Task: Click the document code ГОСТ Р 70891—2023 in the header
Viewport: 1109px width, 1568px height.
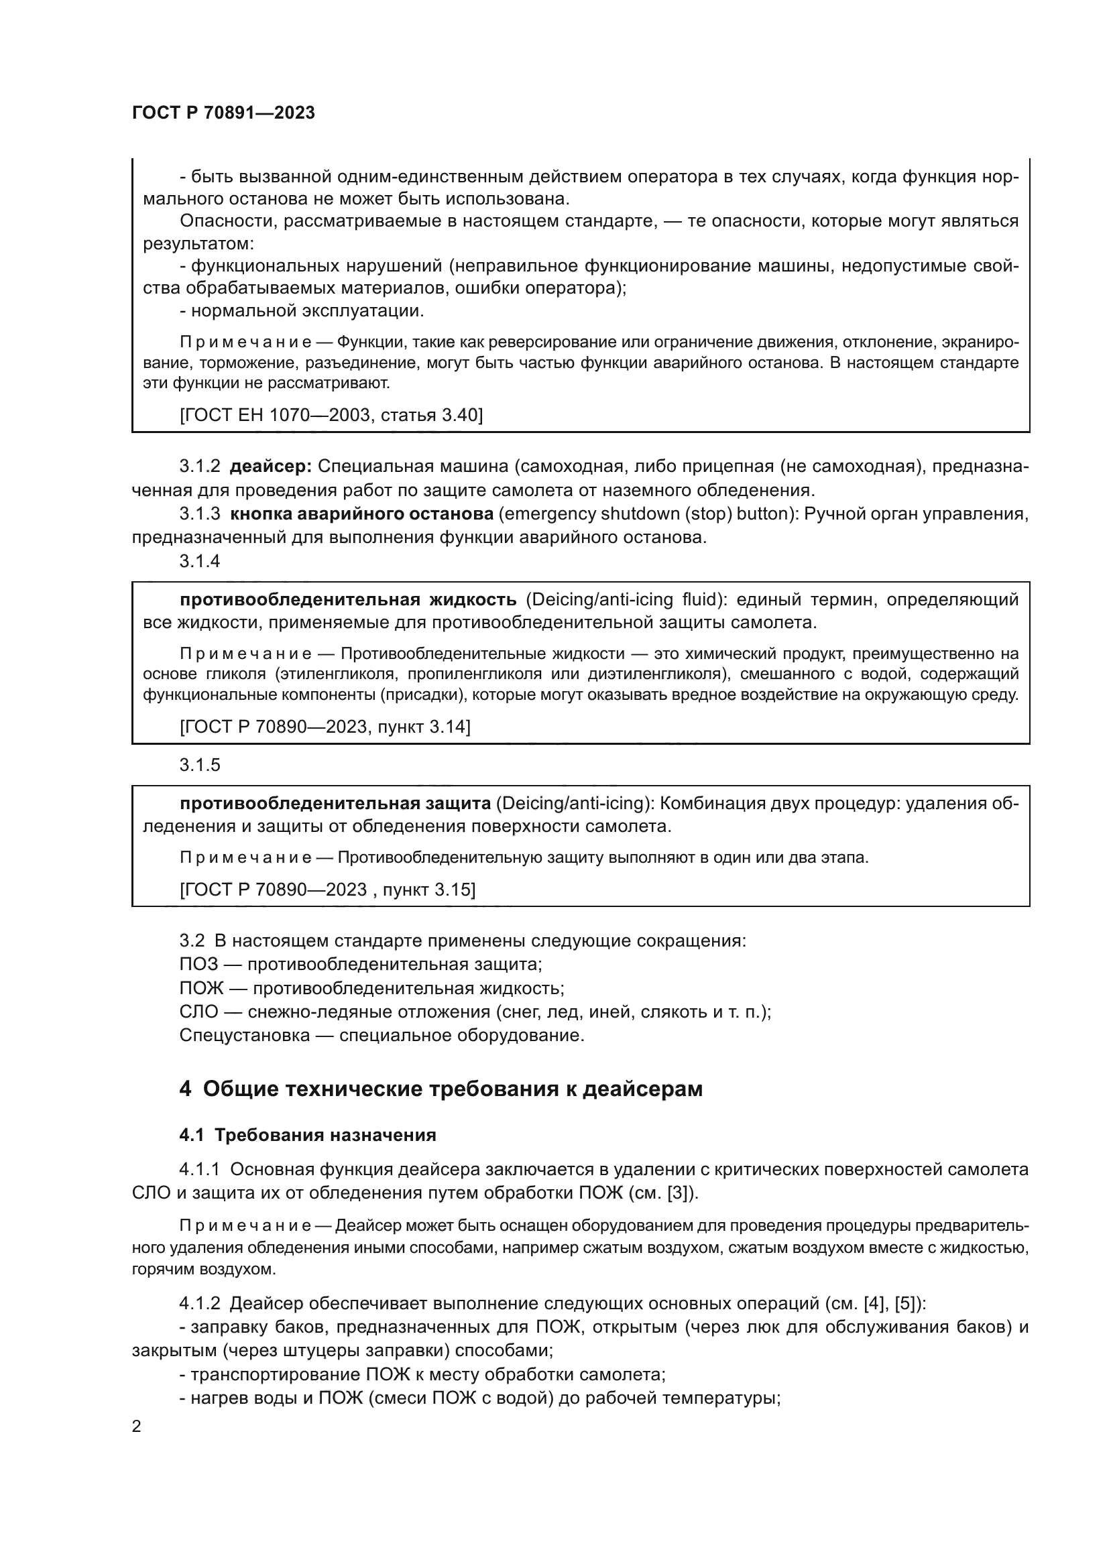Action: (x=223, y=113)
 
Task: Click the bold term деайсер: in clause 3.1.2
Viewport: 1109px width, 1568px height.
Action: (x=270, y=467)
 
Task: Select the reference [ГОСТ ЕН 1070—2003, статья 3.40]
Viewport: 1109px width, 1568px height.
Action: (x=331, y=414)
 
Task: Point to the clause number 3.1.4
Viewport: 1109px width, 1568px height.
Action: (x=200, y=560)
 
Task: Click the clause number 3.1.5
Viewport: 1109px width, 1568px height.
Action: (x=200, y=765)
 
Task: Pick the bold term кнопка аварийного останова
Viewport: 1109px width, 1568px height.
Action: (x=362, y=514)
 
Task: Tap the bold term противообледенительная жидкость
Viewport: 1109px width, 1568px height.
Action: (x=348, y=599)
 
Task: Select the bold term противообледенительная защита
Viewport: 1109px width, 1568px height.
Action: (x=335, y=803)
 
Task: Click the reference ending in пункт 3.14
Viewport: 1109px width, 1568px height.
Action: (x=325, y=727)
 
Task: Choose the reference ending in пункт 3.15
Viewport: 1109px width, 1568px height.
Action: (x=328, y=889)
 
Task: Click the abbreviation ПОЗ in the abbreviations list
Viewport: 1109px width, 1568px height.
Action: (x=198, y=964)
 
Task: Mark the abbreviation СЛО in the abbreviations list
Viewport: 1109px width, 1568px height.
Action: (x=198, y=1012)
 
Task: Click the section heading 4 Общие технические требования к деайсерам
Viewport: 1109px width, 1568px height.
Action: (x=441, y=1089)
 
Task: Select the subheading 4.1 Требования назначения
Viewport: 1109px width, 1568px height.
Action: (x=307, y=1135)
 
